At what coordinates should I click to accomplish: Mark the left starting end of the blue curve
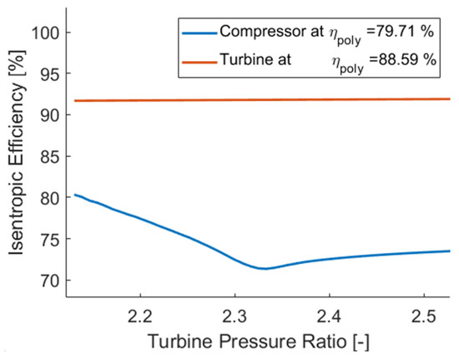[x=75, y=195]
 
